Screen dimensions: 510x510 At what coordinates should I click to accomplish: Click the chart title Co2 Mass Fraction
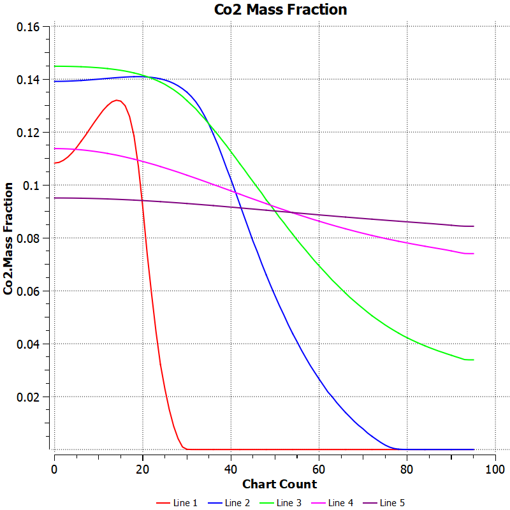(x=280, y=10)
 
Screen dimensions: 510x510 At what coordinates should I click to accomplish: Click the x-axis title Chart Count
(x=279, y=484)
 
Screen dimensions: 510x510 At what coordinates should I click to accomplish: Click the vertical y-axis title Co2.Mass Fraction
(x=9, y=238)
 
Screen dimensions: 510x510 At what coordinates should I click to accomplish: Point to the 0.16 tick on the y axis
(x=29, y=27)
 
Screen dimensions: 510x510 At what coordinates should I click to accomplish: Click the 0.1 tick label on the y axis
(x=33, y=186)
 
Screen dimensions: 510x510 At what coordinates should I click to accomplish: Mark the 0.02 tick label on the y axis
(x=29, y=397)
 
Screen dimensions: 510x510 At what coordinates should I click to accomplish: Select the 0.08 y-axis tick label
(x=29, y=238)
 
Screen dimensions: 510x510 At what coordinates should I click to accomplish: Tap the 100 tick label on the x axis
(x=495, y=469)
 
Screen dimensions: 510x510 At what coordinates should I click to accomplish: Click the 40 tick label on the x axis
(x=231, y=469)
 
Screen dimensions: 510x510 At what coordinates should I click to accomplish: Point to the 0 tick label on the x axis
(x=55, y=469)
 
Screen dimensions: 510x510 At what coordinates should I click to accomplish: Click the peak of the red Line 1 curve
(x=117, y=100)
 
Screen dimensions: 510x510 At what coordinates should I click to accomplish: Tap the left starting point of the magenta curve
(x=55, y=149)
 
